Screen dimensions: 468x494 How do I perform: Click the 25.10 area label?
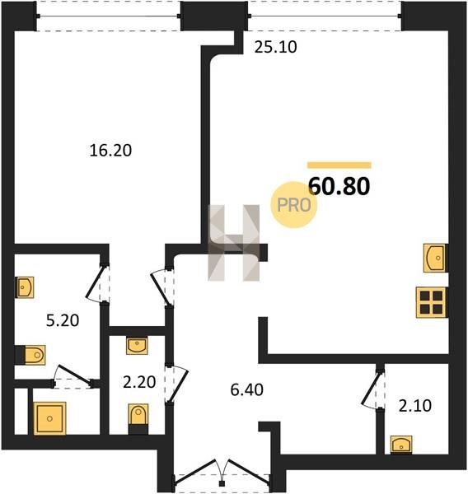click(x=276, y=47)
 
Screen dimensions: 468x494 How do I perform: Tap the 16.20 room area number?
click(x=110, y=151)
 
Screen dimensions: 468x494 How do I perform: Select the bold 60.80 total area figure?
click(x=339, y=186)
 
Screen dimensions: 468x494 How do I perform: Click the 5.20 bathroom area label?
click(x=63, y=321)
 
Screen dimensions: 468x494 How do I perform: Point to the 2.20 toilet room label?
click(x=139, y=382)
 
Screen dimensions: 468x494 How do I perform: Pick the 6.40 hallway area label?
click(x=246, y=390)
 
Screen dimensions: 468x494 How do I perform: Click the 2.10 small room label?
click(x=415, y=406)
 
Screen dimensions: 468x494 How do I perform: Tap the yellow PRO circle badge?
click(x=294, y=205)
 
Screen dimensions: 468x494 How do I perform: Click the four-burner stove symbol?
click(x=432, y=302)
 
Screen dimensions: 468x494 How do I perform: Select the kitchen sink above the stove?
click(x=435, y=258)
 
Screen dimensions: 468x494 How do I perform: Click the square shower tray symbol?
click(x=49, y=418)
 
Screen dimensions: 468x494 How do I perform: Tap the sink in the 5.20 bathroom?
click(x=25, y=287)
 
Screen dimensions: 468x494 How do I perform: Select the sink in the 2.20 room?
click(x=137, y=346)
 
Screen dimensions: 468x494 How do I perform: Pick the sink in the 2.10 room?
click(x=401, y=445)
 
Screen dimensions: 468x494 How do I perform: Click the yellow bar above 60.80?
click(x=339, y=165)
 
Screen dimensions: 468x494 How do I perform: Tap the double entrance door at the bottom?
click(x=222, y=473)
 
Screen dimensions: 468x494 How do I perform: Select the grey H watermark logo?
click(x=234, y=243)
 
